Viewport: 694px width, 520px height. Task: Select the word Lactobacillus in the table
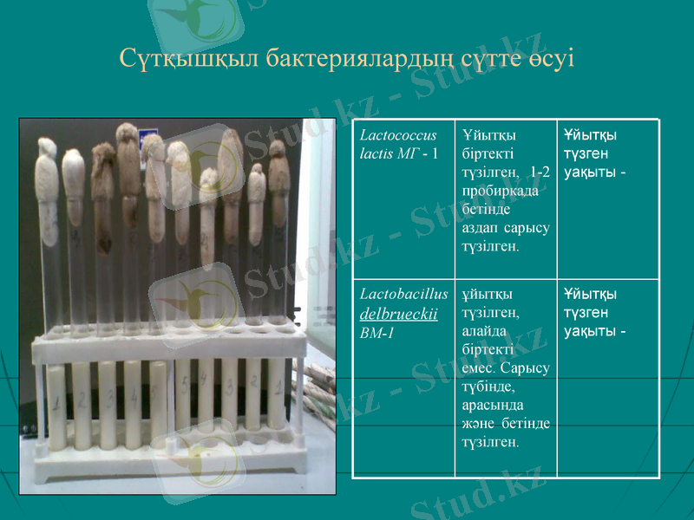403,295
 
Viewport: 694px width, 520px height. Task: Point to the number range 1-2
539,172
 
